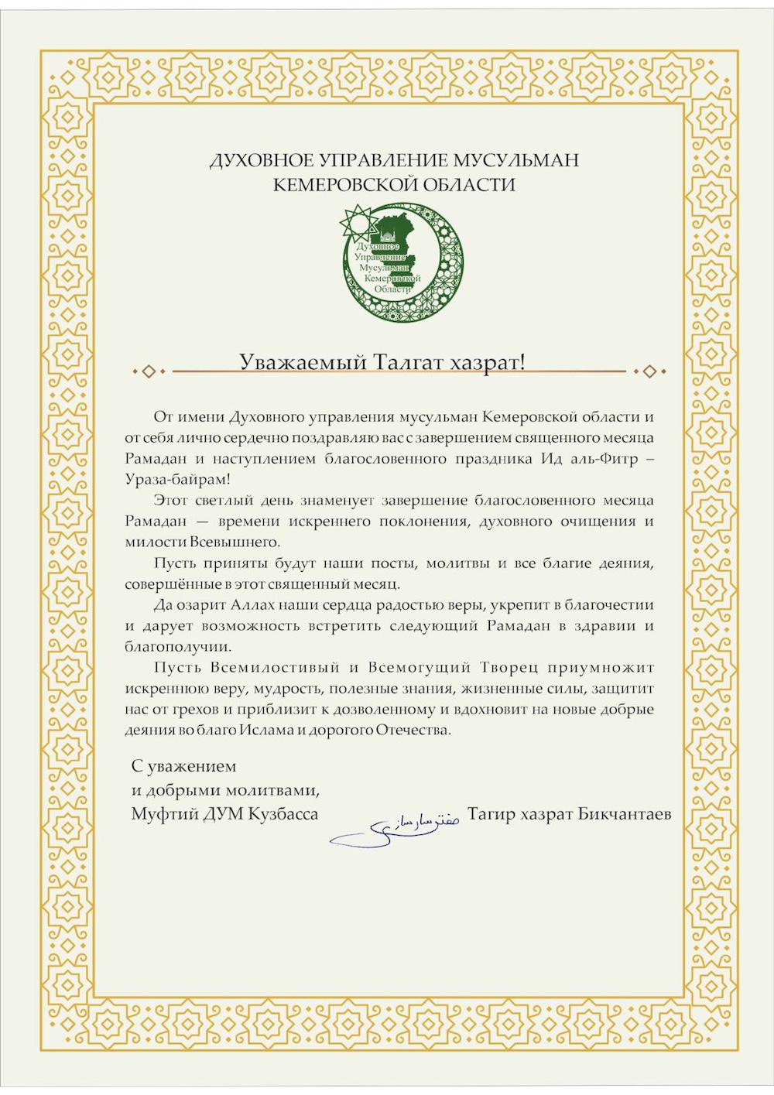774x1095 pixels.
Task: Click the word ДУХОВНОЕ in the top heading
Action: click(262, 161)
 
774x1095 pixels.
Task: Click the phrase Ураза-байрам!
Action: click(177, 480)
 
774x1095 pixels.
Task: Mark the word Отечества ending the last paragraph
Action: click(413, 730)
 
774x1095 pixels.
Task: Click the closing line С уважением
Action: click(183, 766)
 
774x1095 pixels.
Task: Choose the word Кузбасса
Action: click(283, 814)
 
